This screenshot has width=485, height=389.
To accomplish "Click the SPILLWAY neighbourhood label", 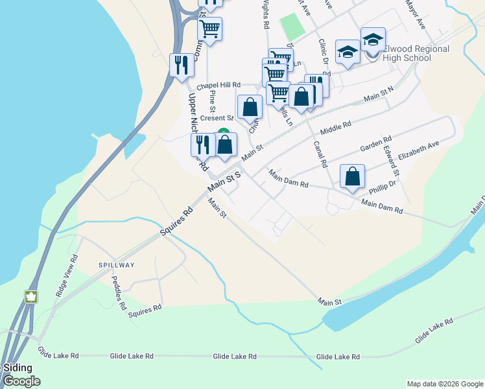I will click(x=117, y=265).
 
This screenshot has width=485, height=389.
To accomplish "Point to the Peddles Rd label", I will click(x=121, y=293).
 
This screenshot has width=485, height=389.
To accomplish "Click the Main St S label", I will click(x=224, y=181).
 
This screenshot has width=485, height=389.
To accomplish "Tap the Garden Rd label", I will click(x=376, y=144).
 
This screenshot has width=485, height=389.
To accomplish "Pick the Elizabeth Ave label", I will click(x=419, y=150).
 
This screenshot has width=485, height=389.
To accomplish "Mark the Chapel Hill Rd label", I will click(x=219, y=85).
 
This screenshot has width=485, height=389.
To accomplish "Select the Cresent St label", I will click(x=216, y=118).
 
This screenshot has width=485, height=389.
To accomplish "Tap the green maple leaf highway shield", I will click(x=30, y=297).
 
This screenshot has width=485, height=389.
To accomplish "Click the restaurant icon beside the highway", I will click(x=181, y=65).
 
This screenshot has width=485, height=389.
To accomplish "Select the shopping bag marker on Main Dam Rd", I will click(x=352, y=176).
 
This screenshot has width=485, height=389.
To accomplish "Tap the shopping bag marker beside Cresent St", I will click(x=250, y=107).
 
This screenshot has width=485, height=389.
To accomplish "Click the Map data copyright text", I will click(x=444, y=384).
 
